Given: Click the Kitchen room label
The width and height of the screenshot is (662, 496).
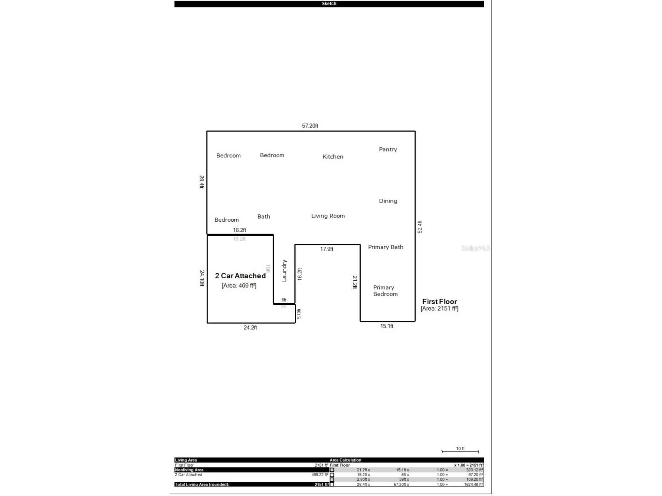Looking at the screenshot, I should point(333,156).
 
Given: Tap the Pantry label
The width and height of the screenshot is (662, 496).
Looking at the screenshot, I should point(388,149).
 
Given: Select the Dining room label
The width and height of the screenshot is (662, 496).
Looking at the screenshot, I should point(388,201).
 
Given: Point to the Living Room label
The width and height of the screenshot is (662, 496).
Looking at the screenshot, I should point(328,216).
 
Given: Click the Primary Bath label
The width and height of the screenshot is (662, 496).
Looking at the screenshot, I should point(385,247).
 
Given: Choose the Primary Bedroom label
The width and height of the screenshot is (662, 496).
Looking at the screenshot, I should point(385,291).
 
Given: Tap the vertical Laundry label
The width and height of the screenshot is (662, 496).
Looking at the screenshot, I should point(284,271).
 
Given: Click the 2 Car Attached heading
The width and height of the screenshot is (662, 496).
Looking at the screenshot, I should point(240,276).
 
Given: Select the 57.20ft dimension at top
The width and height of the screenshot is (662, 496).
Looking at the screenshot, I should point(310,126).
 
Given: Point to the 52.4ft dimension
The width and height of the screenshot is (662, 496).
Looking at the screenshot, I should point(420,227).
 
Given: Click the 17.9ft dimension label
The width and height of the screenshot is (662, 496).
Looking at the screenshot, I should point(327,249).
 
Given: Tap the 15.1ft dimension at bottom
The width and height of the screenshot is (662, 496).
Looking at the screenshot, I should point(387,326).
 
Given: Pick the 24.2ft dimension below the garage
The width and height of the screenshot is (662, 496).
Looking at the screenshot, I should point(250,327).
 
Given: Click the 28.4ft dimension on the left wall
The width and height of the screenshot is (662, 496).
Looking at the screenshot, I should point(201,182).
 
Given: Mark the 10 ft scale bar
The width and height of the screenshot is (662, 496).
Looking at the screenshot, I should point(460,451).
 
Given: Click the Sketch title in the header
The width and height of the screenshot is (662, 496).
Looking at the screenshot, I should point(329,3).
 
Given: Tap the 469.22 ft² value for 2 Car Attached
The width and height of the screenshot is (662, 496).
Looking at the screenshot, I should point(320,475).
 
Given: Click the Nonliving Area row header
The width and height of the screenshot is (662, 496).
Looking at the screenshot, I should point(189,470).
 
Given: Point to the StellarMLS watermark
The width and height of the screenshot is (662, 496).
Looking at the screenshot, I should point(475,248).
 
